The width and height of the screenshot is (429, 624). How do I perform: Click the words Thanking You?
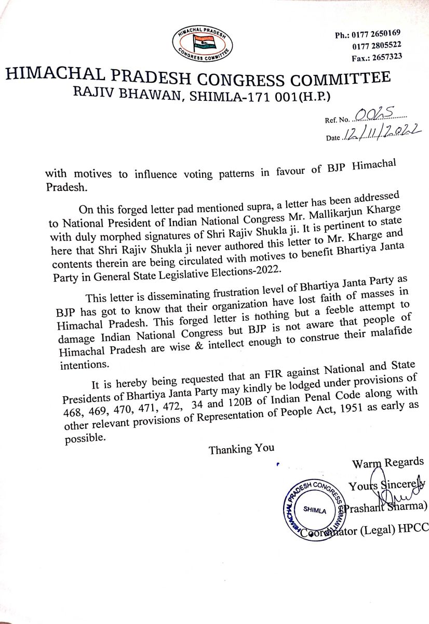(x=242, y=449)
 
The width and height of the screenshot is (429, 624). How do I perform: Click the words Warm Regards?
(x=387, y=462)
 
